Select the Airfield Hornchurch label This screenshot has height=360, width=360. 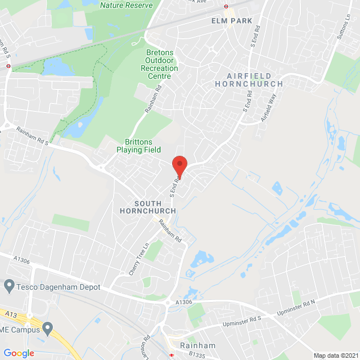point(249,79)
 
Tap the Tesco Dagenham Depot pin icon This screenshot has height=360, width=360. point(8,287)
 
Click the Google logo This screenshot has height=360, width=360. point(19,353)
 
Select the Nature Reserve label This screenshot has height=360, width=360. point(126,5)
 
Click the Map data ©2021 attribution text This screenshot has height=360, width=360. point(336,355)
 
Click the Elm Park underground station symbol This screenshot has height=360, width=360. point(226,7)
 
